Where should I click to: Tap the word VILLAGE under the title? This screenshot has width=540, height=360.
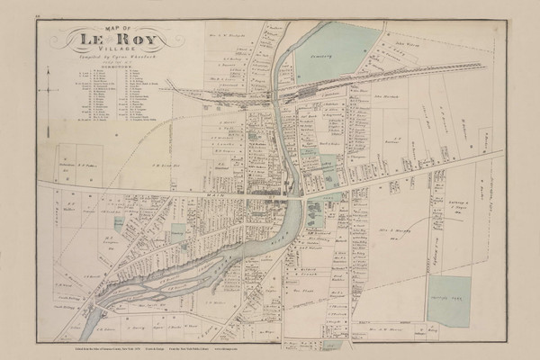110,55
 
